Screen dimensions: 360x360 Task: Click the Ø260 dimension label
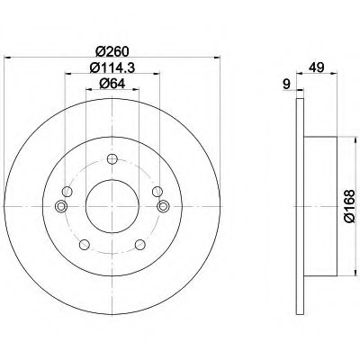pyautogui.click(x=112, y=51)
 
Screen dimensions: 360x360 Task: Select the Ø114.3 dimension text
pyautogui.click(x=112, y=67)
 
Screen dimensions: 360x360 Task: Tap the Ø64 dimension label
pyautogui.click(x=112, y=84)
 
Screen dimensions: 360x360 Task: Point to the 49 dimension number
pyautogui.click(x=318, y=67)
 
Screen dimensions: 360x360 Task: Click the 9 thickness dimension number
pyautogui.click(x=287, y=84)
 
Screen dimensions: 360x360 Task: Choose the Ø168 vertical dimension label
pyautogui.click(x=349, y=206)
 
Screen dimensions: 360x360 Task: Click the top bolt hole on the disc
pyautogui.click(x=112, y=158)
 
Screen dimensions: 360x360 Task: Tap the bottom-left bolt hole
pyautogui.click(x=85, y=245)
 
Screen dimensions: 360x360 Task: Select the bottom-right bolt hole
pyautogui.click(x=140, y=245)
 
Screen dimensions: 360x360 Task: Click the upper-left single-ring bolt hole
pyautogui.click(x=67, y=191)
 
